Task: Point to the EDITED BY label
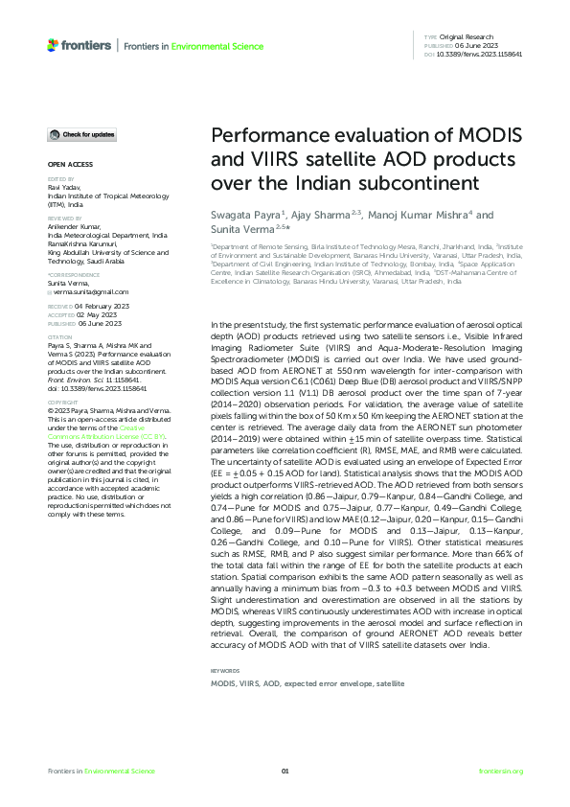(59, 179)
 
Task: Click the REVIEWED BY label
(63, 217)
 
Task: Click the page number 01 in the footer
(285, 771)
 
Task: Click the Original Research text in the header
(471, 36)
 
